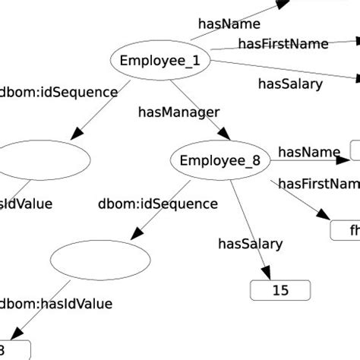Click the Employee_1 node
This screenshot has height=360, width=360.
coord(160,61)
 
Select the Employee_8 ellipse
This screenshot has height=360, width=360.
coord(219,160)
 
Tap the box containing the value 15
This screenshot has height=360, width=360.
coord(280,290)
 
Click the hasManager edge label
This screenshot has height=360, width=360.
coord(178,112)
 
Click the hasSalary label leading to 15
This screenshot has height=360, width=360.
coord(250,244)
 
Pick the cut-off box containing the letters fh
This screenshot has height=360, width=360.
coord(346,229)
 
